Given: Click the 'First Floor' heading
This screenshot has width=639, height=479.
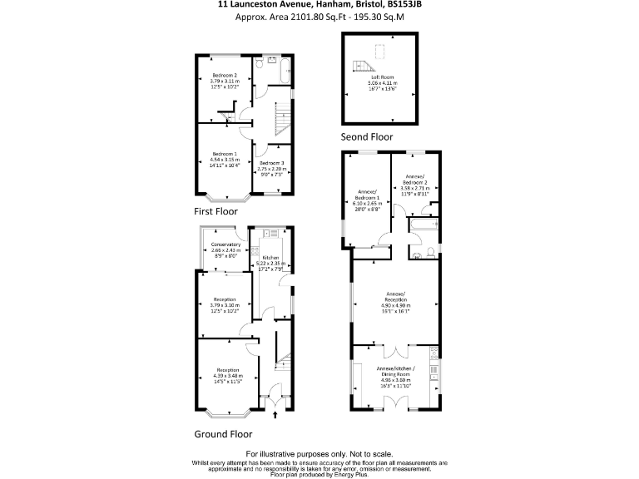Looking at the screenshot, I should coord(215,211).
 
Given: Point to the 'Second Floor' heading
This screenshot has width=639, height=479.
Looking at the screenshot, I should coord(366,136).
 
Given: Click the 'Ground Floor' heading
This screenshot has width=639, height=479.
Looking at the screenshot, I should coord(223,433).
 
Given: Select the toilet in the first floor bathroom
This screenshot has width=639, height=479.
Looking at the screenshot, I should coord(260,63).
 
